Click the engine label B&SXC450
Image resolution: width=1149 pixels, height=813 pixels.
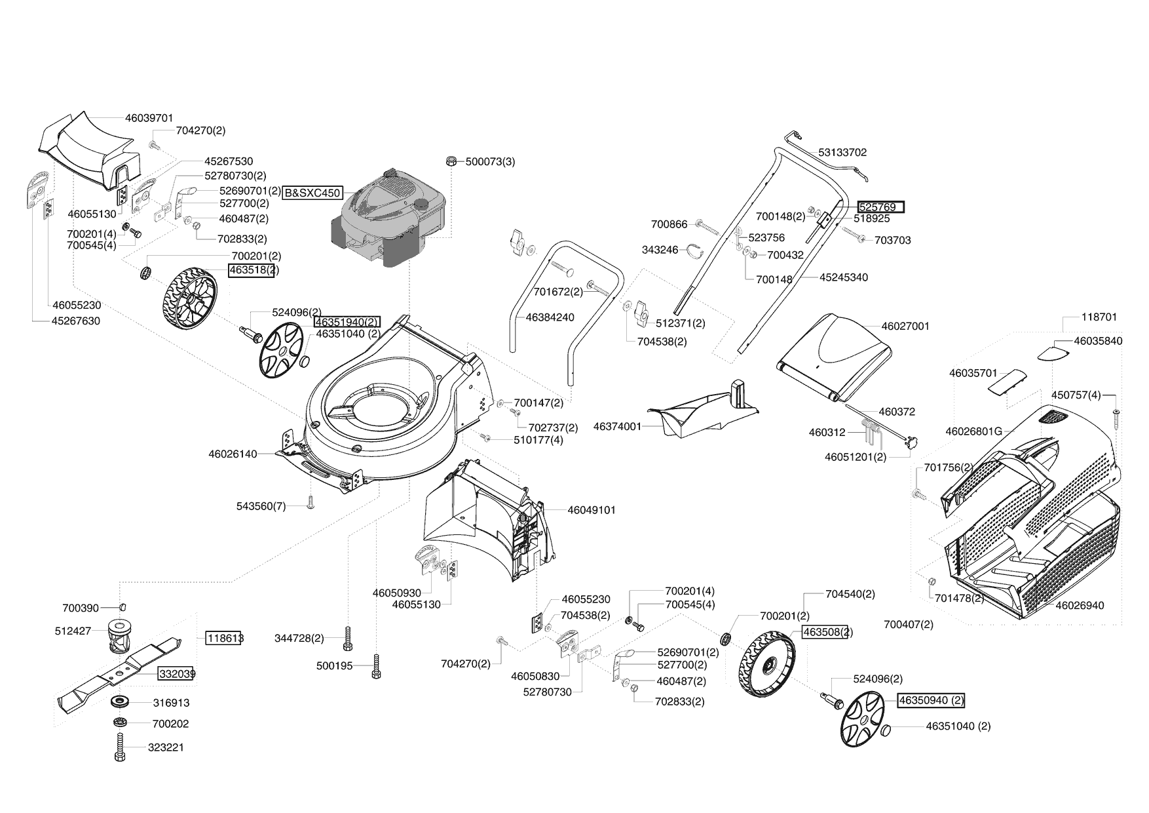coord(312,193)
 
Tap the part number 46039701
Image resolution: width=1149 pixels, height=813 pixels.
coord(149,118)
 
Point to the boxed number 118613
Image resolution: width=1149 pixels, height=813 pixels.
coord(223,638)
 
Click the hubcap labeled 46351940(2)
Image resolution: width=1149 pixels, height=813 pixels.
coord(282,353)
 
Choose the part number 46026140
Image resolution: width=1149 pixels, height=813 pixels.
coord(233,454)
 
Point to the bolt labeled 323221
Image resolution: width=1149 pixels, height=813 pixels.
coord(120,747)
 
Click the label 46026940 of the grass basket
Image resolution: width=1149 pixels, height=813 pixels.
coord(1080,605)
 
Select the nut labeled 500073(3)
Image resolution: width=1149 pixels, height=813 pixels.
coord(451,161)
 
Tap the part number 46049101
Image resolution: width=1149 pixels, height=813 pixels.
coord(591,509)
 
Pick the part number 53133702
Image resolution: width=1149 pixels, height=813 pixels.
coord(842,152)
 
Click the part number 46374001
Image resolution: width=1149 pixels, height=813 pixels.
coord(617,426)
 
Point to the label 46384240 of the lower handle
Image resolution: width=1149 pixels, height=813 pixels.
coord(550,317)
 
